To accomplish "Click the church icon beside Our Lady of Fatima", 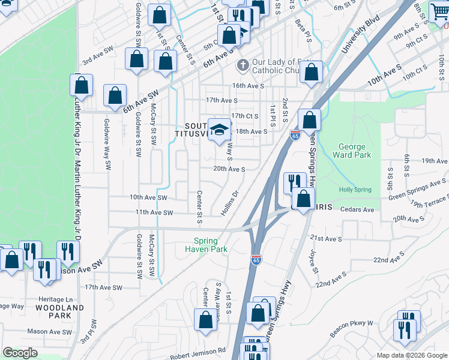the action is (243, 65).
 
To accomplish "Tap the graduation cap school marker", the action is (220, 128).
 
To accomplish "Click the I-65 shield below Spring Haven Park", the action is (256, 259).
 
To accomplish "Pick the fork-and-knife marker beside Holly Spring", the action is (294, 181).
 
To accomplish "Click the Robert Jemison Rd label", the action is (197, 349).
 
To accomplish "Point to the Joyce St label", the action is (313, 263).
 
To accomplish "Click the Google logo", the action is (20, 353).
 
